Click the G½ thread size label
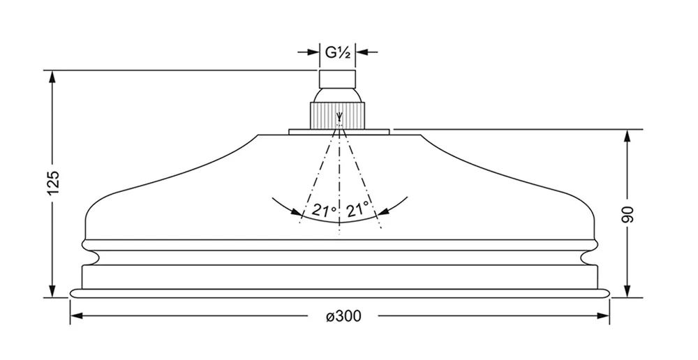coord(339,51)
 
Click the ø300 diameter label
coord(343,316)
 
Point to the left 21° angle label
coord(324,210)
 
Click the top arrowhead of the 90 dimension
coord(628,135)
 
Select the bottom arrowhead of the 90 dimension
coord(628,292)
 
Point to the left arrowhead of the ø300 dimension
coord(75,316)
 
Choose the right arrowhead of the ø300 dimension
coord(604,316)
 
